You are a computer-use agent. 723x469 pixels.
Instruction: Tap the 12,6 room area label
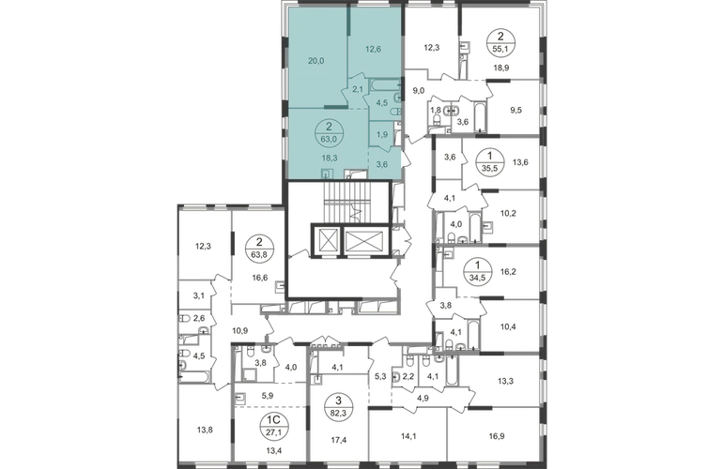pyautogui.click(x=374, y=53)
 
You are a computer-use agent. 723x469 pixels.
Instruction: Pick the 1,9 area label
pyautogui.click(x=382, y=134)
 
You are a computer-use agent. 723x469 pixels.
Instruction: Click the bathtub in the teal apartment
pyautogui.click(x=385, y=83)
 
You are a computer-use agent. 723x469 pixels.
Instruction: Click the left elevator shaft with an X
pyautogui.click(x=329, y=240)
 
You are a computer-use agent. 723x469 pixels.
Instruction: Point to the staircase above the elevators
pyautogui.click(x=341, y=202)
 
